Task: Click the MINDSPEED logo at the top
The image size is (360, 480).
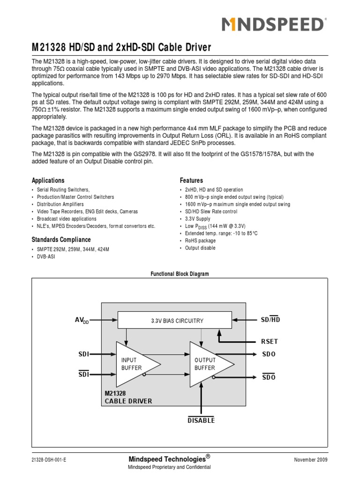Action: click(x=272, y=24)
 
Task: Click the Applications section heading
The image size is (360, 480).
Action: click(x=48, y=180)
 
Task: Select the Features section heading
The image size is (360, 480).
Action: click(x=191, y=180)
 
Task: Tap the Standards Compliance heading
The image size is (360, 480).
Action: click(x=61, y=240)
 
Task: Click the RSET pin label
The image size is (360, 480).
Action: click(x=269, y=342)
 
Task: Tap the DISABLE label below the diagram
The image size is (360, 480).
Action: click(x=201, y=420)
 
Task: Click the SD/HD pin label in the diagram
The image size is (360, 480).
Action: click(x=270, y=319)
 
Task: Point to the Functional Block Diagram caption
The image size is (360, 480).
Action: click(x=180, y=274)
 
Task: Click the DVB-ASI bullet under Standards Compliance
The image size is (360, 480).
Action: click(x=46, y=257)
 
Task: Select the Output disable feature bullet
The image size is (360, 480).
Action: click(x=200, y=248)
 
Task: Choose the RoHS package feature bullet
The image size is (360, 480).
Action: click(x=200, y=240)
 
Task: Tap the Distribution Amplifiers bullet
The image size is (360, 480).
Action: click(x=60, y=204)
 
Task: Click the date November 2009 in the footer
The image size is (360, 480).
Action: click(x=310, y=460)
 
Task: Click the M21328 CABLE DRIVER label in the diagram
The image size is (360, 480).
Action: click(x=128, y=397)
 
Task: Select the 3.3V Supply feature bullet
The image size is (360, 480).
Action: click(x=198, y=218)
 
